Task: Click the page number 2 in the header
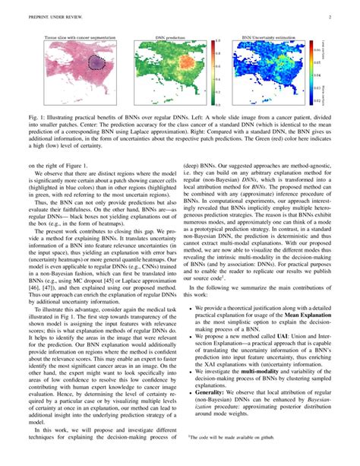[x=331, y=17]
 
